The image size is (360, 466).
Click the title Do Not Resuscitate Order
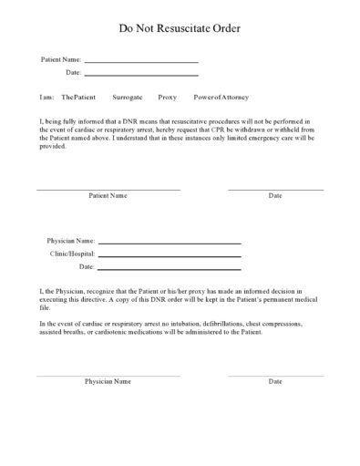[x=180, y=29]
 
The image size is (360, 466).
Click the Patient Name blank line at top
[x=140, y=62]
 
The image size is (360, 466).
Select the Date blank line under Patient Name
[x=140, y=75]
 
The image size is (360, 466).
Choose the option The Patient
[x=77, y=97]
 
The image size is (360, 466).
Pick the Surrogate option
[x=126, y=97]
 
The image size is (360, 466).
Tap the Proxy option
[x=167, y=97]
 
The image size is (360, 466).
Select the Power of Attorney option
[x=221, y=97]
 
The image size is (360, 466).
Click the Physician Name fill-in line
[x=169, y=243]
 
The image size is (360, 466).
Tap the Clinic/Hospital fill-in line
[x=169, y=256]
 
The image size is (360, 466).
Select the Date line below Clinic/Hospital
[x=169, y=270]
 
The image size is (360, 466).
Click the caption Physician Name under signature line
[x=108, y=381]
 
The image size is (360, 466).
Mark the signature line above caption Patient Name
[x=108, y=189]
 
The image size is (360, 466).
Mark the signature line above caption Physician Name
[x=108, y=374]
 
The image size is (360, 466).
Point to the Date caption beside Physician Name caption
[x=275, y=381]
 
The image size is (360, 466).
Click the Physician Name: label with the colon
[x=70, y=241]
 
